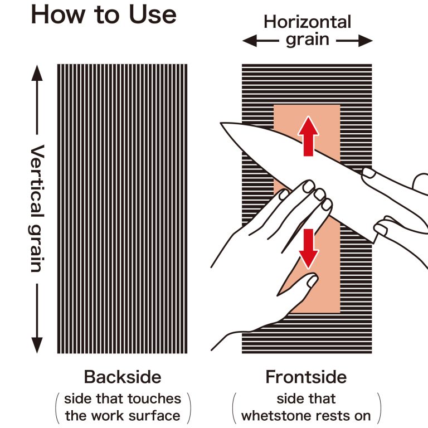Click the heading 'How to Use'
(x=104, y=14)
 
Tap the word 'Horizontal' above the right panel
(x=308, y=22)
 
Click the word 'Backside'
(x=123, y=377)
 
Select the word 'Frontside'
(x=306, y=377)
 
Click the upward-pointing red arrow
(x=308, y=136)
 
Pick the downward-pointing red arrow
(x=309, y=249)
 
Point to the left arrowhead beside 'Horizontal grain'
(x=250, y=41)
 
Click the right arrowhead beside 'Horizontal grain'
(x=365, y=41)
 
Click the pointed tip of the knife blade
(x=221, y=123)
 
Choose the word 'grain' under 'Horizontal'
(x=308, y=40)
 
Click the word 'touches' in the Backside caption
(x=154, y=399)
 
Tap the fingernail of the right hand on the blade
(x=369, y=173)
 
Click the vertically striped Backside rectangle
(x=122, y=209)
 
